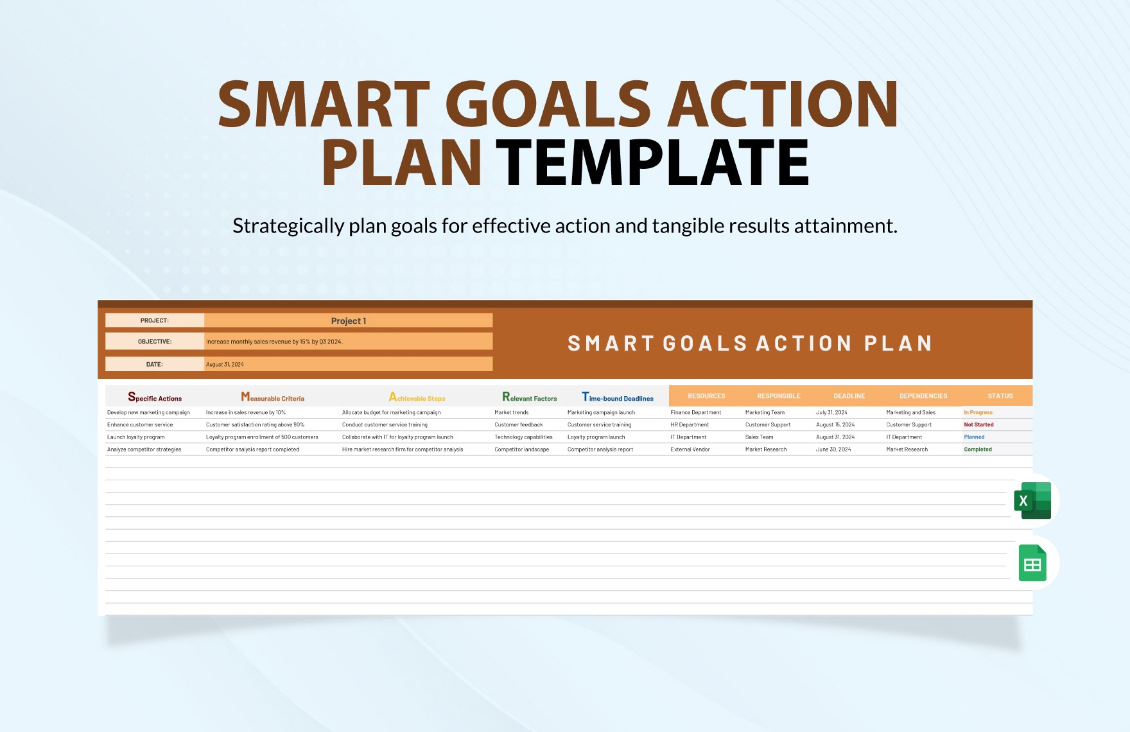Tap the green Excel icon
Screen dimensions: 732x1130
[x=1032, y=501]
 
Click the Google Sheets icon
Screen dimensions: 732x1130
[x=1032, y=563]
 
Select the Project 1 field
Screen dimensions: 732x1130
[x=348, y=320]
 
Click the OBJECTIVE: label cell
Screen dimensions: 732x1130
[x=155, y=342]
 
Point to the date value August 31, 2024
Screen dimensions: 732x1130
[x=225, y=364]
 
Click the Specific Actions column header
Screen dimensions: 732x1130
[x=155, y=397]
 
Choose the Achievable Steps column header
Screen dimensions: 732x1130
[x=417, y=397]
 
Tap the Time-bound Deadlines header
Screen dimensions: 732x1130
[x=617, y=397]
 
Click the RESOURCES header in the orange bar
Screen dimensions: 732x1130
[x=706, y=396]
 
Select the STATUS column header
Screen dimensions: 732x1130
[x=1000, y=396]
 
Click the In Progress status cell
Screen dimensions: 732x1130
[x=978, y=412]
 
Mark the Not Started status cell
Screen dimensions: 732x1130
[x=978, y=424]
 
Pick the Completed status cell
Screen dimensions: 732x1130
[x=978, y=449]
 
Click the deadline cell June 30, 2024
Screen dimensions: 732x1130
[x=833, y=449]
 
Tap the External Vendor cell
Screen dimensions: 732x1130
[x=690, y=449]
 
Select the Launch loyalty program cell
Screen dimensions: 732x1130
[x=136, y=437]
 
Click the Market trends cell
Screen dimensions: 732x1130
[x=512, y=412]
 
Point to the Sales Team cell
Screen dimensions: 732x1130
[x=759, y=437]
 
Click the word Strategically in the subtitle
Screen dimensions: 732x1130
[x=288, y=226]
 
